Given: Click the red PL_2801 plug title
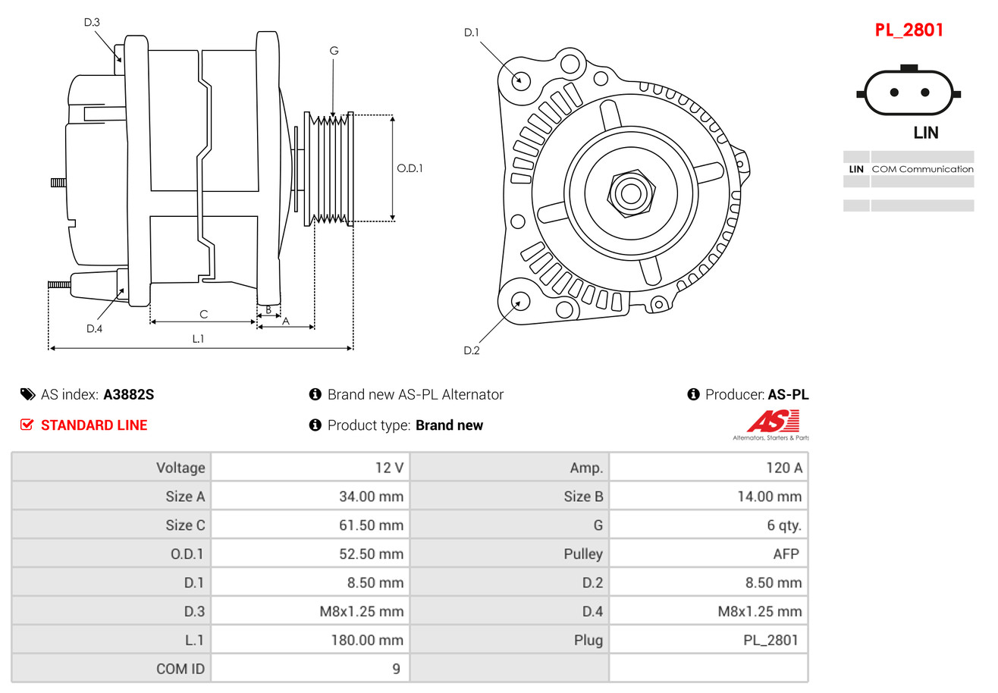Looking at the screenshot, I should point(909,30).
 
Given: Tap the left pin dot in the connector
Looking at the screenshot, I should point(894,93).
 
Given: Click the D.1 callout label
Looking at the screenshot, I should point(471,33).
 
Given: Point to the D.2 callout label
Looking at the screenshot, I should point(471,350).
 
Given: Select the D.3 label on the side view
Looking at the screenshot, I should point(92,23).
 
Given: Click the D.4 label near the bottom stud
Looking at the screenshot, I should point(94,328).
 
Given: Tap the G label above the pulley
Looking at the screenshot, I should point(334,51).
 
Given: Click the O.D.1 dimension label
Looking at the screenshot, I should point(410,168).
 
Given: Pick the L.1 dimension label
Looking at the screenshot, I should point(197,339).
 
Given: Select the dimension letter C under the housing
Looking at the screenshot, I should point(203,314).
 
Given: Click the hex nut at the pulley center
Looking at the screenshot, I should point(630,193).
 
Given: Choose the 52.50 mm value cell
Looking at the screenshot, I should point(371,554).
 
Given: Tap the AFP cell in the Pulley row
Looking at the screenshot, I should point(786,554).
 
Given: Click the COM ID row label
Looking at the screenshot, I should point(180,669).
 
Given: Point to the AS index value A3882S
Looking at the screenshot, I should point(129,394).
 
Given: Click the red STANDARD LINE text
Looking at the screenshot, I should point(94,425).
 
